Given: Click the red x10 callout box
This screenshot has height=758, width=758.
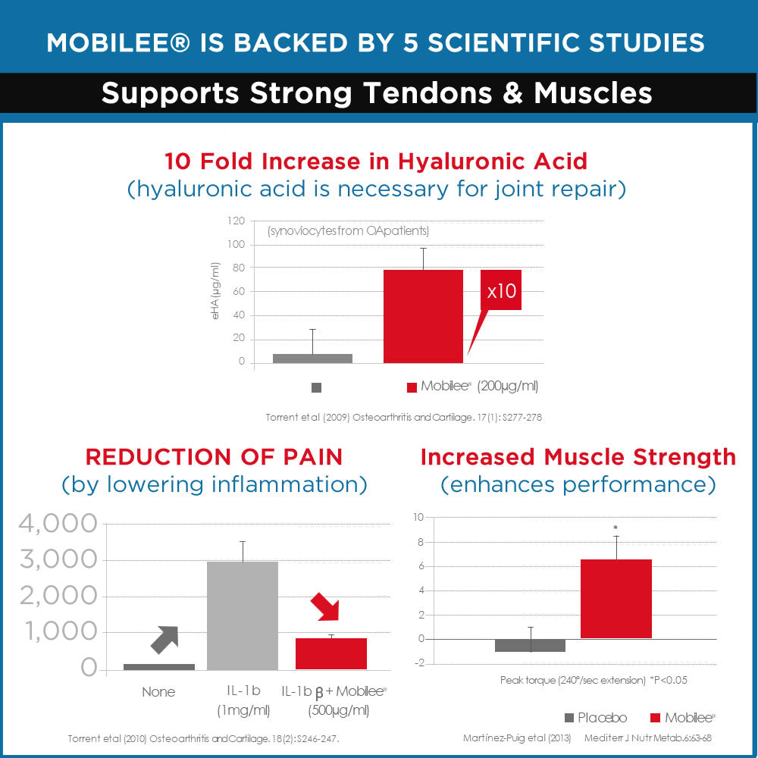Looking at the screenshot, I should [x=500, y=290].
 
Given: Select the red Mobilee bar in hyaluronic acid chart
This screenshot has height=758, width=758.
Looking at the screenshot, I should [x=423, y=316].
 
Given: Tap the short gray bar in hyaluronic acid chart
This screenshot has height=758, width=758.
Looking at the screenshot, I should [x=312, y=358].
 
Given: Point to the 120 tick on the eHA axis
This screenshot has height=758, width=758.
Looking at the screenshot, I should [x=236, y=221].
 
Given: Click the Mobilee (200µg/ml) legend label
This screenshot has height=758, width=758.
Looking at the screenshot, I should [x=479, y=387].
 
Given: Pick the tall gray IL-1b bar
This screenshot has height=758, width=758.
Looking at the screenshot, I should [x=243, y=615].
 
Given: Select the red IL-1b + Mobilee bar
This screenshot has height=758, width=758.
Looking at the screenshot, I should [x=331, y=653].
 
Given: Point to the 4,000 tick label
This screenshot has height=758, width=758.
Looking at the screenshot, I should [x=58, y=524].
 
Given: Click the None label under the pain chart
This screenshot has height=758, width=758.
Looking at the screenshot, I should [x=158, y=692].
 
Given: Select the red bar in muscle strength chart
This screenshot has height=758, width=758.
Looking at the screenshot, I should [x=615, y=599].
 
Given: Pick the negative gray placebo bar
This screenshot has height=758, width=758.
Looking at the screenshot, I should [x=530, y=645].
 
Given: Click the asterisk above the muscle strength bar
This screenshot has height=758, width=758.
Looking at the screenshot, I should [x=616, y=528].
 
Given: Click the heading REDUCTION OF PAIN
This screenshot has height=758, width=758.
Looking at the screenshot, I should [x=214, y=457].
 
